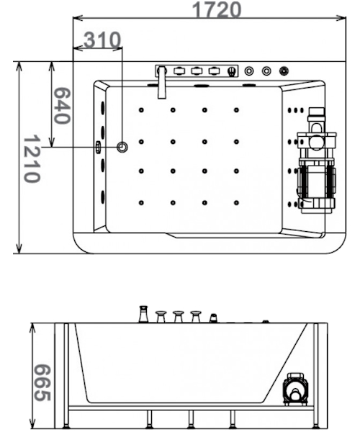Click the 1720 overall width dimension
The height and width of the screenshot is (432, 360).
click(x=217, y=10)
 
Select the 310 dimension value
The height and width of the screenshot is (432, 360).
click(x=102, y=40)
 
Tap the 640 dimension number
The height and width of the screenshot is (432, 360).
click(x=62, y=106)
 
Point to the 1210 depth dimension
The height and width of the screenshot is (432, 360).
click(x=32, y=158)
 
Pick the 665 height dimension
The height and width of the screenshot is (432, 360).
click(x=42, y=383)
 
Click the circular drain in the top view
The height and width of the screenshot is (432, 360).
click(x=122, y=147)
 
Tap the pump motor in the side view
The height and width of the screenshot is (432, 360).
click(x=295, y=389)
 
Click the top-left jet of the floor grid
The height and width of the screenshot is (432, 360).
click(x=141, y=110)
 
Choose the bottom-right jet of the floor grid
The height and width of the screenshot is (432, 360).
click(x=236, y=203)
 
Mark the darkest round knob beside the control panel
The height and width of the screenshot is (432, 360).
click(x=284, y=71)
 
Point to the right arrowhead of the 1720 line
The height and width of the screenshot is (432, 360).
click(x=341, y=18)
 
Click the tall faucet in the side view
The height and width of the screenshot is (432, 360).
click(x=143, y=314)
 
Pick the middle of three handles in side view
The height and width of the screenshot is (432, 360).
click(x=179, y=317)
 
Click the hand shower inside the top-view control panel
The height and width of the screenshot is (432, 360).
click(x=232, y=71)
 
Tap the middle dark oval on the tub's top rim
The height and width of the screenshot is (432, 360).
click(x=201, y=86)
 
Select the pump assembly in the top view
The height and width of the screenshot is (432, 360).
click(x=317, y=161)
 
